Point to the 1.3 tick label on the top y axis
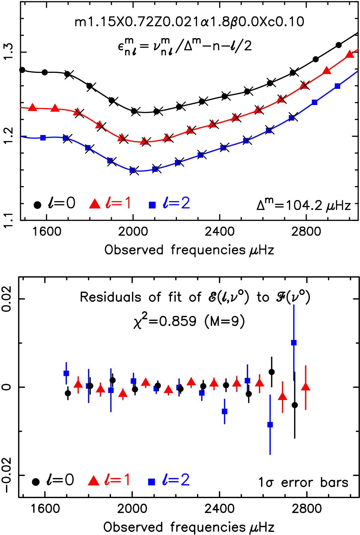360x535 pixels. coord(10,52)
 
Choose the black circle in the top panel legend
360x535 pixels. coord(37,205)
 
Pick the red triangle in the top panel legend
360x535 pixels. coord(95,205)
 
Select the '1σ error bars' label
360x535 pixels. coord(303,482)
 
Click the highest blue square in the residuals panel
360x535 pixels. coord(294,343)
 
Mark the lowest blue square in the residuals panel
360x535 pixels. coord(270,425)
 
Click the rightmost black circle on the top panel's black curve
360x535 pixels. coord(339,45)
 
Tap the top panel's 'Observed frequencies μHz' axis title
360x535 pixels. coord(189,250)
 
